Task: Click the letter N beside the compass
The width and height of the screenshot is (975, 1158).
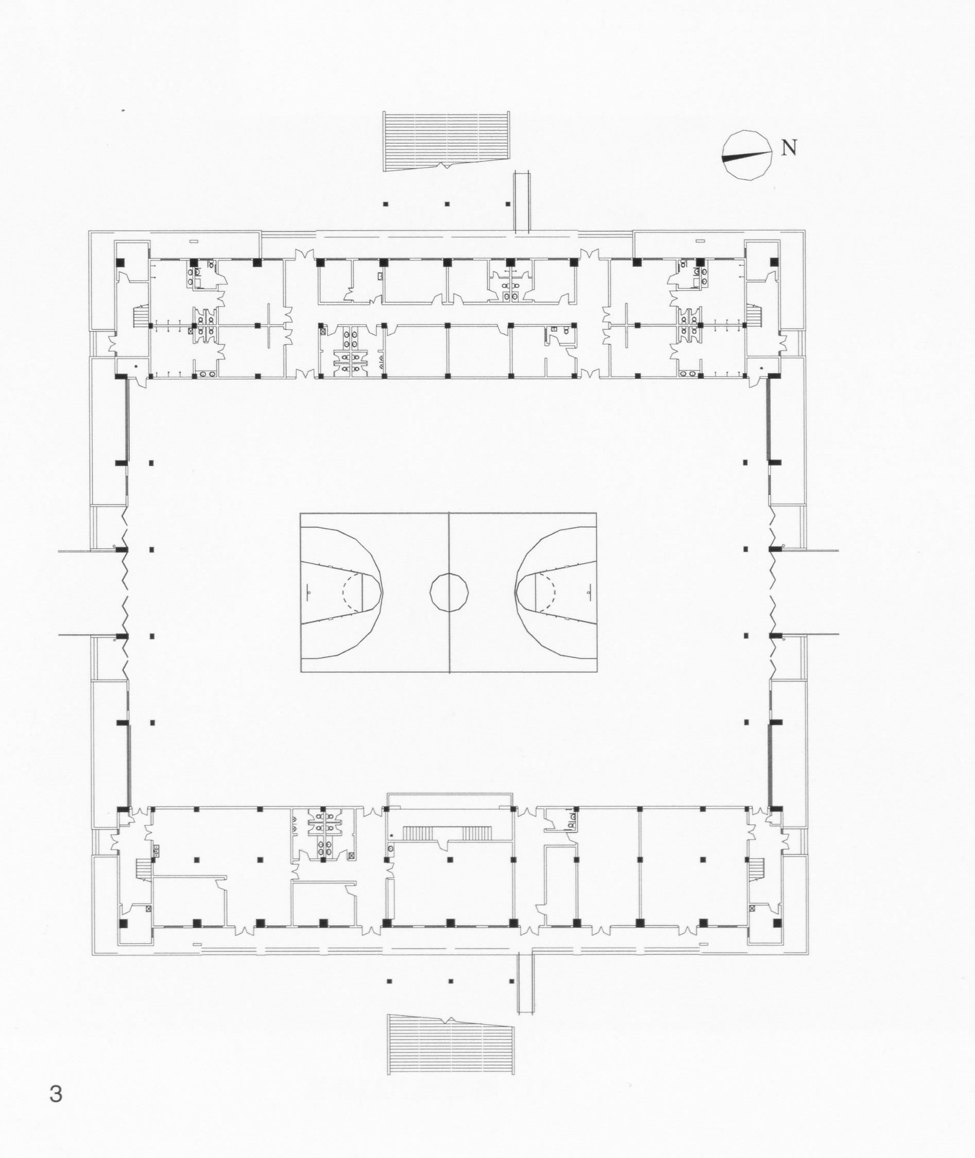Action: pos(789,148)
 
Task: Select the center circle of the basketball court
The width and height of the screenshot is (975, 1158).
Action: pos(449,592)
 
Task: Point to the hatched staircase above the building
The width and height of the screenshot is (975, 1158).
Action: pos(447,141)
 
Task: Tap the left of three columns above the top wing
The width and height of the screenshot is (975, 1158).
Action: pos(386,205)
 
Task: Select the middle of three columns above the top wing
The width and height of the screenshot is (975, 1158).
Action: pos(447,205)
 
